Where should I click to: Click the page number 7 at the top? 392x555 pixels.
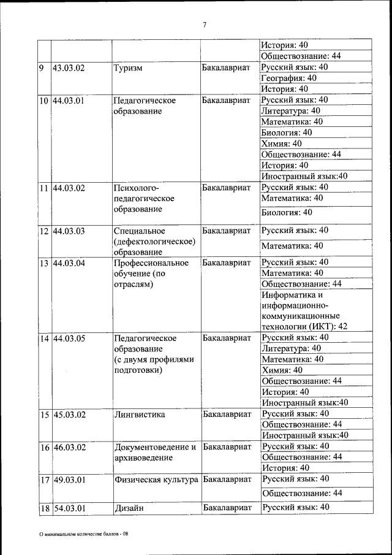pos(205,25)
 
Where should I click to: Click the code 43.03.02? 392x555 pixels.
pos(69,67)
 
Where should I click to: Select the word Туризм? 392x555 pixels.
pos(128,67)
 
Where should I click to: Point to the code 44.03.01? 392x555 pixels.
pos(69,100)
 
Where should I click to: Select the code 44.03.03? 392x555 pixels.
pos(69,231)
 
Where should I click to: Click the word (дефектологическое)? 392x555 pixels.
pos(154,242)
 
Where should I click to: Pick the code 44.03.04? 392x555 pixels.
pos(69,263)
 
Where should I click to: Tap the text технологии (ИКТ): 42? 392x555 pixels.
pos(304,326)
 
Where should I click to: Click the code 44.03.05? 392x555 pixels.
pos(69,338)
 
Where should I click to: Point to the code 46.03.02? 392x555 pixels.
pos(69,447)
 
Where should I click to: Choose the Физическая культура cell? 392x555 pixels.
pos(156,479)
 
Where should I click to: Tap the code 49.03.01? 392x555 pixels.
pos(69,479)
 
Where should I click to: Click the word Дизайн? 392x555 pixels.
pos(129,508)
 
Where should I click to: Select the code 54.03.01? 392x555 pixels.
pos(69,508)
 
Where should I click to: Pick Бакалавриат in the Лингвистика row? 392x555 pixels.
pos(227,415)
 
